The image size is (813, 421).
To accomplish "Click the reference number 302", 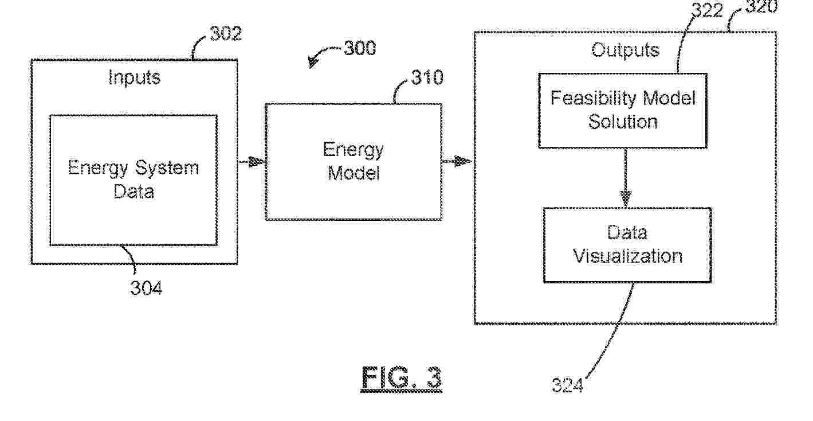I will pyautogui.click(x=225, y=34).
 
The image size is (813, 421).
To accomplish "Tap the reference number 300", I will pyautogui.click(x=359, y=48).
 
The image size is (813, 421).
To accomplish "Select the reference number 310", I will pyautogui.click(x=427, y=77).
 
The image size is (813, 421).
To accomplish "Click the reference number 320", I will pyautogui.click(x=761, y=7).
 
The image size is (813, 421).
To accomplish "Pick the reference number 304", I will pyautogui.click(x=146, y=288).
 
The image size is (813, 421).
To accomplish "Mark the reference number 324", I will pyautogui.click(x=567, y=385).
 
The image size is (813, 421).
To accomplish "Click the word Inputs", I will pyautogui.click(x=134, y=77).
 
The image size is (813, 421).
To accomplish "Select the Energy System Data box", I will pyautogui.click(x=133, y=180).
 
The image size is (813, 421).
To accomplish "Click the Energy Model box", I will pyautogui.click(x=353, y=162).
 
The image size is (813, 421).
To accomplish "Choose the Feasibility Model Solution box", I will pyautogui.click(x=623, y=110).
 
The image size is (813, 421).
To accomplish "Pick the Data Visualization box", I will pyautogui.click(x=627, y=244).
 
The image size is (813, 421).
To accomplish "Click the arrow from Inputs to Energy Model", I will pyautogui.click(x=252, y=162).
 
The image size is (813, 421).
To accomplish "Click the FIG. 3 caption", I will pyautogui.click(x=402, y=379).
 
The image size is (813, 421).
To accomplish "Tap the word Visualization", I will pyautogui.click(x=628, y=256).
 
